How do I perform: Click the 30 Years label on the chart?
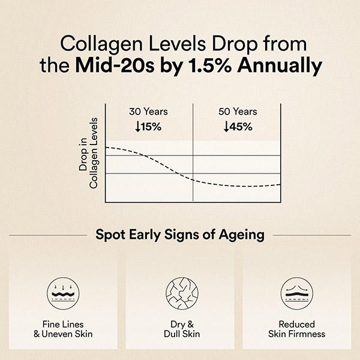tap(148, 112)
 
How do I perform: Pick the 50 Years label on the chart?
tap(238, 112)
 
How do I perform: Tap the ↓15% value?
tap(148, 127)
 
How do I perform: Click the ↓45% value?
tap(238, 127)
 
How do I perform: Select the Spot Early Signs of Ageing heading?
tap(180, 235)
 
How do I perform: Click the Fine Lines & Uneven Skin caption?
tap(62, 329)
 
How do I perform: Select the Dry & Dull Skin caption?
tap(180, 329)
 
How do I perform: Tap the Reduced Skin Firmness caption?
tap(298, 329)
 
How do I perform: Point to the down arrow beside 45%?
tap(226, 127)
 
